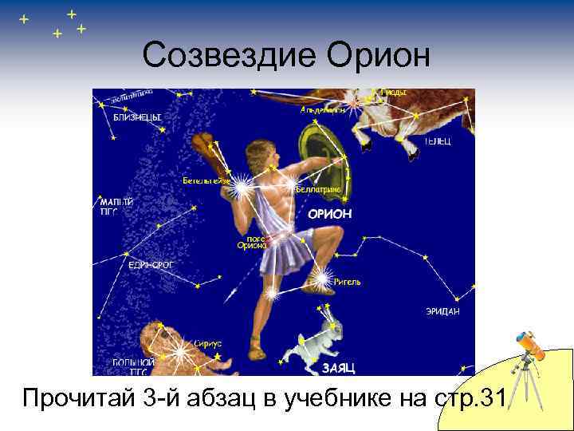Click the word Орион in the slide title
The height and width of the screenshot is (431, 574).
click(x=379, y=55)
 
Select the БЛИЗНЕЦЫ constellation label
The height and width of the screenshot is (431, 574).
click(x=136, y=117)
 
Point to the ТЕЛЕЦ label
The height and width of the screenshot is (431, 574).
click(x=438, y=141)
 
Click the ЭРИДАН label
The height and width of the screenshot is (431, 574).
click(x=442, y=311)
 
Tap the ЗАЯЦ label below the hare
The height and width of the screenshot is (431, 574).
click(x=339, y=367)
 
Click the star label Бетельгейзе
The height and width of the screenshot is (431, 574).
click(x=206, y=180)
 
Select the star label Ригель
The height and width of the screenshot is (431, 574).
click(x=348, y=282)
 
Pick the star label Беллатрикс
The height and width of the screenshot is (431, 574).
click(x=319, y=190)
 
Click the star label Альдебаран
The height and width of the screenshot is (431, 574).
click(x=323, y=110)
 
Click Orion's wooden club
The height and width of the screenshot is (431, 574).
click(x=209, y=155)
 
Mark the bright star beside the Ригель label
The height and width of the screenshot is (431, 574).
click(x=322, y=277)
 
